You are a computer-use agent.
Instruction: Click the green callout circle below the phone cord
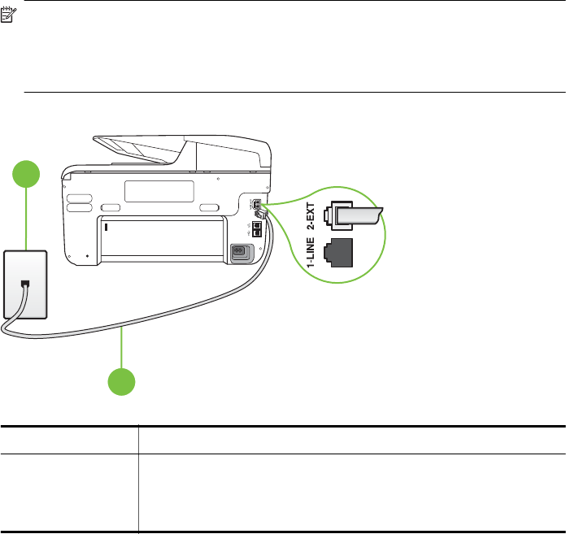(x=122, y=381)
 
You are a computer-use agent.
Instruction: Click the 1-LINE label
(x=311, y=250)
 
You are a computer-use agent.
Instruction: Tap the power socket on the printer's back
(x=241, y=253)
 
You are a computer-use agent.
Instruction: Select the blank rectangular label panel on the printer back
(x=159, y=192)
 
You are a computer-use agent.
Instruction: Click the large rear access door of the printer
(x=161, y=237)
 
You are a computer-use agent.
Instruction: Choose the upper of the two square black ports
(x=256, y=225)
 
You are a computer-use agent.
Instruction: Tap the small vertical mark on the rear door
(x=106, y=228)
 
